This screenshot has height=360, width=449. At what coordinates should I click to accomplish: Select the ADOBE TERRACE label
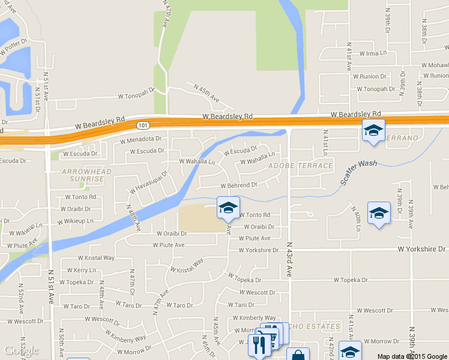(301, 165)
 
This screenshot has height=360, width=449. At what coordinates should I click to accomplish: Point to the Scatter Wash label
(359, 172)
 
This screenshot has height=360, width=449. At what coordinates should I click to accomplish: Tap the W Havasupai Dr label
(146, 181)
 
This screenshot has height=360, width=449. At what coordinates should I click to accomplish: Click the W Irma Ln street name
(373, 53)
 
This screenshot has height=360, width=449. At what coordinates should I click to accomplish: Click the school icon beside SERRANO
(373, 130)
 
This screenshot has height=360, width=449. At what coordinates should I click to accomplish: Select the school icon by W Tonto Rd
(228, 208)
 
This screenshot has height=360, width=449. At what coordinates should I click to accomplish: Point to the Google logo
(21, 350)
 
